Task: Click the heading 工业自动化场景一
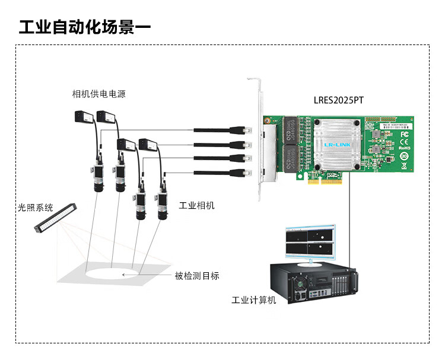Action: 85,27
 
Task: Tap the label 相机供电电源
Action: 98,94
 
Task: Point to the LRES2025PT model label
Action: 338,100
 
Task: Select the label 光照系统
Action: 35,208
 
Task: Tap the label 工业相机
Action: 196,206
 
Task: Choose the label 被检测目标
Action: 196,275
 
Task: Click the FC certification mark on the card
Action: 405,134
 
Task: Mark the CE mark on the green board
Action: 405,145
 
